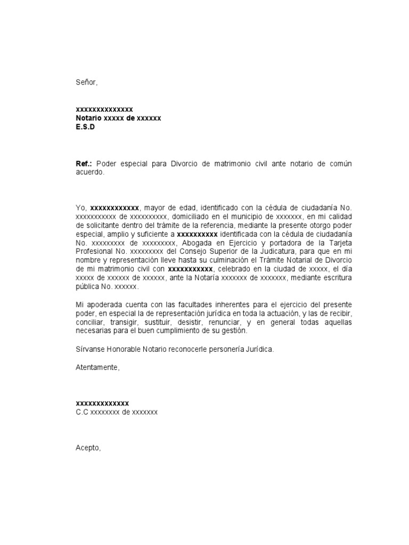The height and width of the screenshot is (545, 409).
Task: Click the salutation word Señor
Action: coord(86,82)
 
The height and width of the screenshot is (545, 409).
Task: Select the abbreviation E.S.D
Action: coord(85,127)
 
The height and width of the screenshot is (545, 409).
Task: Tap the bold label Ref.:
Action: coord(85,164)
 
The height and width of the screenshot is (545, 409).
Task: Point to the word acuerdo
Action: coord(90,172)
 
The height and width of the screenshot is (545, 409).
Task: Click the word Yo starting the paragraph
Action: coord(81,208)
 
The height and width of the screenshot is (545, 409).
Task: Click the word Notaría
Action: coord(203,277)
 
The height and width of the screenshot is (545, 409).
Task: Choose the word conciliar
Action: coord(89,322)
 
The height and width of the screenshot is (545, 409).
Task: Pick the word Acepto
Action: coord(88,448)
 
